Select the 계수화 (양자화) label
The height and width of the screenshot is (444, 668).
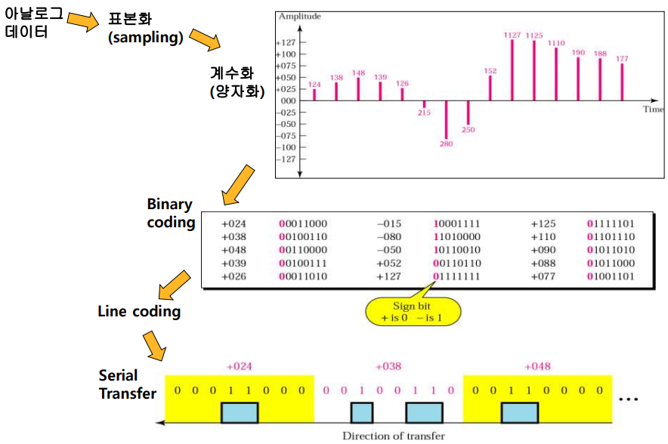[x=237, y=82]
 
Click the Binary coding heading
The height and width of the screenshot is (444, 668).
[x=170, y=213]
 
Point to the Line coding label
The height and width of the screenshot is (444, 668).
[x=139, y=311]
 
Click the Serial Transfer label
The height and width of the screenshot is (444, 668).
[x=128, y=384]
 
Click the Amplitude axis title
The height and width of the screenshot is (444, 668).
[x=298, y=16]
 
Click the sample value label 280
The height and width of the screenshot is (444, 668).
[x=446, y=143]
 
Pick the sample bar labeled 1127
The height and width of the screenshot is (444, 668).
[x=512, y=69]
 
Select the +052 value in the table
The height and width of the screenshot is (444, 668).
[x=390, y=263]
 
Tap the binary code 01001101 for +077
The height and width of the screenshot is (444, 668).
[x=610, y=276]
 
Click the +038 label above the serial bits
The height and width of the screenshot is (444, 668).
[x=388, y=366]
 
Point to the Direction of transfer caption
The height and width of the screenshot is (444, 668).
[x=393, y=436]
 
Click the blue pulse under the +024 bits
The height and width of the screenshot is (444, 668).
[x=240, y=412]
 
